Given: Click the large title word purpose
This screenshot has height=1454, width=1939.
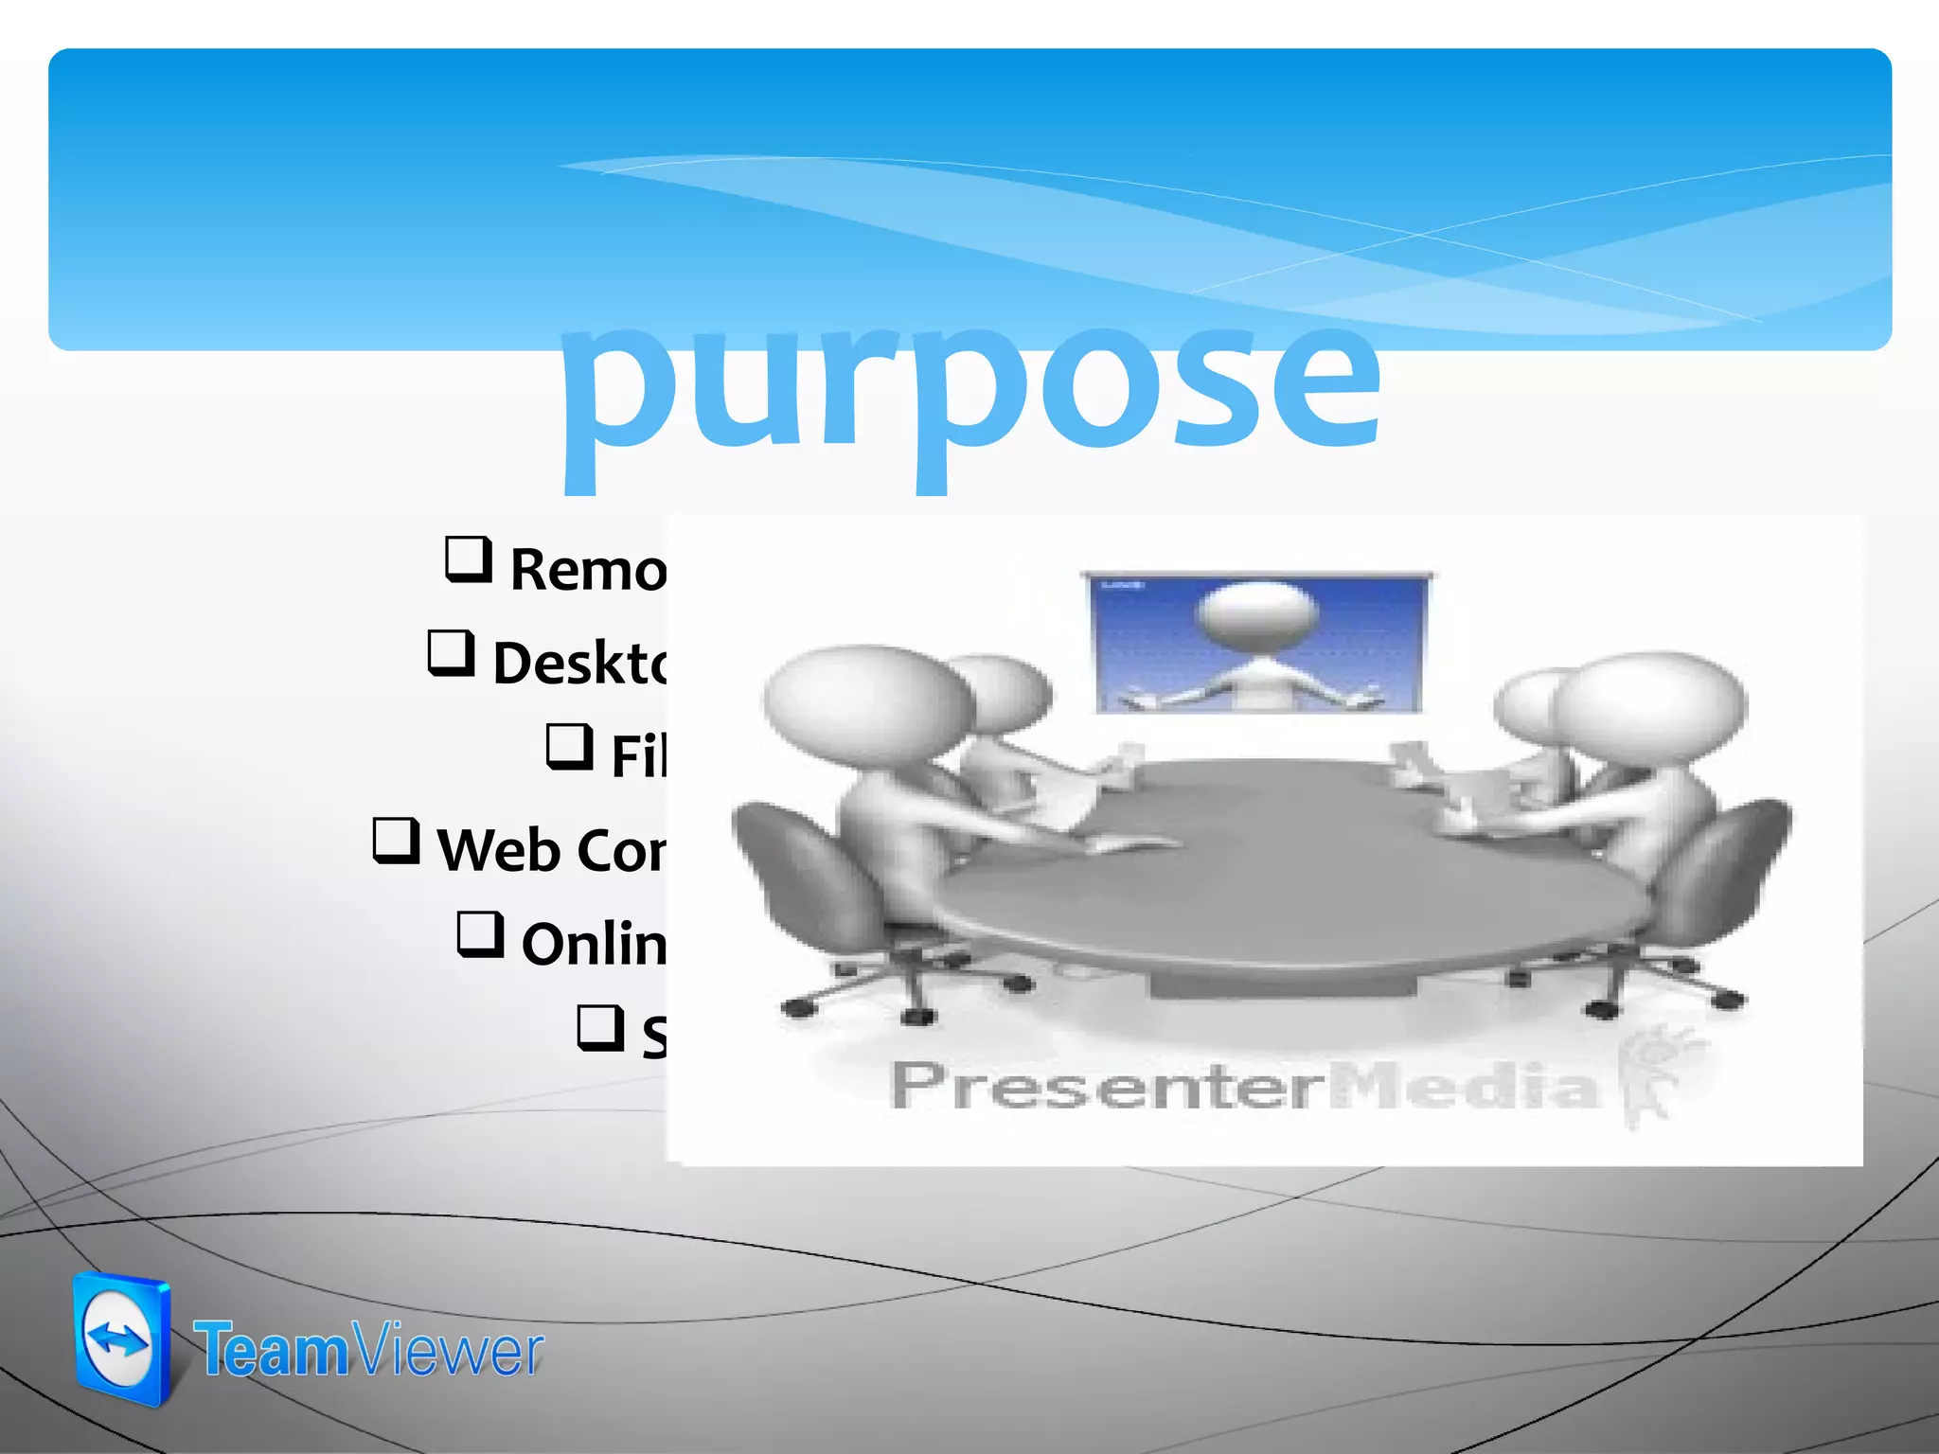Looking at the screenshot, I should point(970,388).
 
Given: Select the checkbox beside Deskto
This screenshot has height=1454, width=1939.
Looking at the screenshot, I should point(451,653).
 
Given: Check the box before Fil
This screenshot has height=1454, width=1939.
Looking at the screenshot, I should point(570,746).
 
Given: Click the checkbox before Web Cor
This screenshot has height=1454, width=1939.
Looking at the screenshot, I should point(397,841).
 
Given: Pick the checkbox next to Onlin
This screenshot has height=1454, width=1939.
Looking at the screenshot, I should point(481,934).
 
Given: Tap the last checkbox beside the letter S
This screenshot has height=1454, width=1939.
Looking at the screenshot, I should point(601,1028).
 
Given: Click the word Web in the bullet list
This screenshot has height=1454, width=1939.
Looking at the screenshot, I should point(498,849).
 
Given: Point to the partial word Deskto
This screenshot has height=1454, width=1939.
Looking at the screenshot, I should point(579,662).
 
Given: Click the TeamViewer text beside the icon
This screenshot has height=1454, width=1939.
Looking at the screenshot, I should point(369,1351).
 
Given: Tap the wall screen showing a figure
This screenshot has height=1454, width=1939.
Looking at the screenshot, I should point(1257,644).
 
